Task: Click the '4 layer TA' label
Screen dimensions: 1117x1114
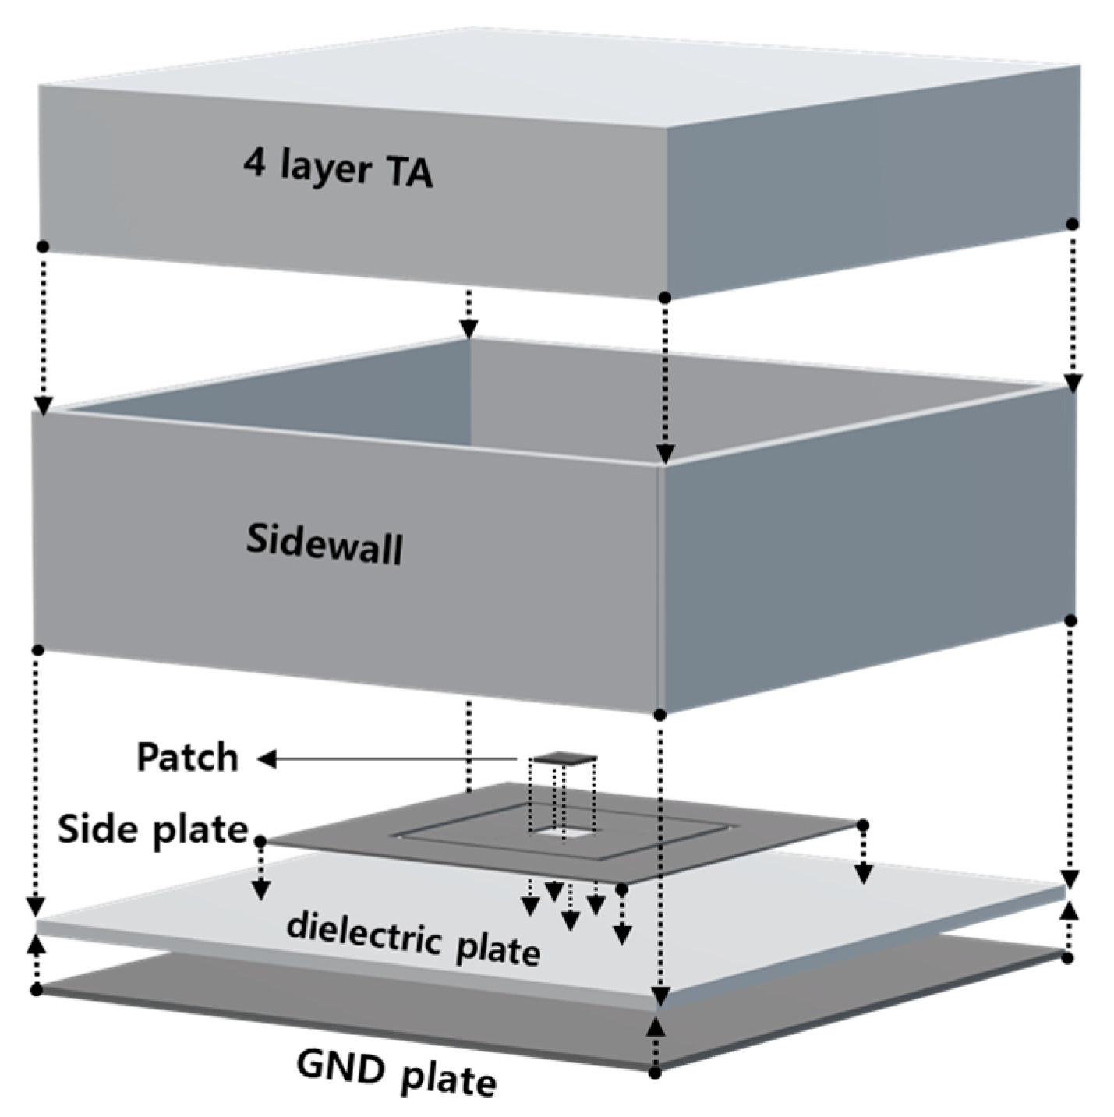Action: click(338, 168)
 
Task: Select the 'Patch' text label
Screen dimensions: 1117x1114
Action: click(187, 758)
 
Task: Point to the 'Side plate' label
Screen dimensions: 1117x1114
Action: click(152, 829)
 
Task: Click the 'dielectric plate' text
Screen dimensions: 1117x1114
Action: click(413, 938)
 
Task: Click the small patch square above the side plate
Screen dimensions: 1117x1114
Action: click(564, 757)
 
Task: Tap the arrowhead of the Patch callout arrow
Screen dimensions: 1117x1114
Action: click(267, 758)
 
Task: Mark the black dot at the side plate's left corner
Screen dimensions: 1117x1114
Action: click(260, 841)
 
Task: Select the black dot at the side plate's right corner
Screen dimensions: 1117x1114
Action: click(862, 825)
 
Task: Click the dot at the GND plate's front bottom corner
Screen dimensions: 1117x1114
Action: click(656, 1073)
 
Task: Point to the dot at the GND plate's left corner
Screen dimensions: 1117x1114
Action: click(37, 990)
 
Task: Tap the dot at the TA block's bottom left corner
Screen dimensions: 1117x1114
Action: click(43, 246)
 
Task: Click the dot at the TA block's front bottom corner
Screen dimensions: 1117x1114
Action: click(664, 297)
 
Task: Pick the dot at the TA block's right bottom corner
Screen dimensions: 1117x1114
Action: click(1073, 224)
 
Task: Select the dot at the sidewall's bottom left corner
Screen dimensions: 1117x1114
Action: click(37, 650)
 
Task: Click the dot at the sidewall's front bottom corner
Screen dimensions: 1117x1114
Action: click(660, 714)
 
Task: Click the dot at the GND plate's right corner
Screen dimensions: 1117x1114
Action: click(1068, 958)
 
